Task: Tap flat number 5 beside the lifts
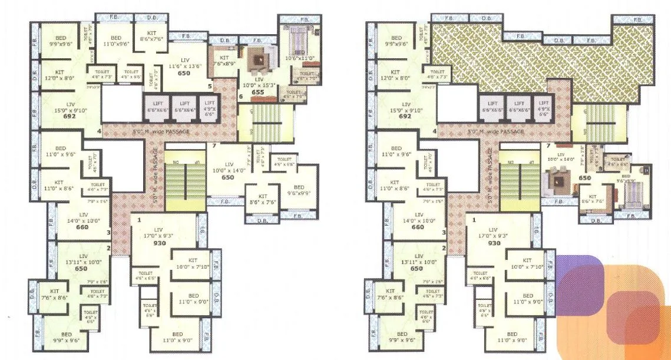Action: coord(209,87)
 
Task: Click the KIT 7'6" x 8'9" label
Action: coord(224,61)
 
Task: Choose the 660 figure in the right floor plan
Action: coord(418,227)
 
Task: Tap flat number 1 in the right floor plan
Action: coord(475,220)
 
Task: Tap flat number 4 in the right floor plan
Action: coord(435,131)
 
